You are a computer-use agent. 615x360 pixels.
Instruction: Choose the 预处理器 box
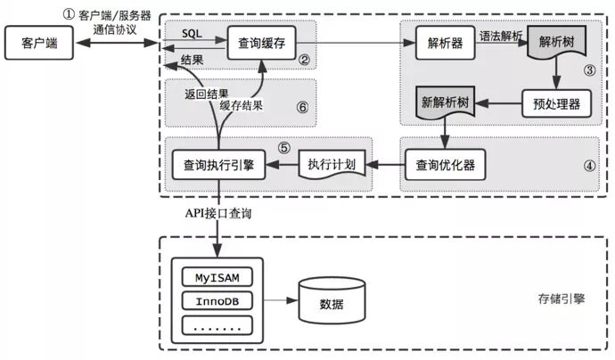(x=550, y=103)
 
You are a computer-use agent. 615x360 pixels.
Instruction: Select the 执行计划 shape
(x=332, y=165)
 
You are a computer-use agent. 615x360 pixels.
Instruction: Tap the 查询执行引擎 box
(x=218, y=165)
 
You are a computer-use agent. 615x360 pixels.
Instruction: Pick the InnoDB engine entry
(x=217, y=300)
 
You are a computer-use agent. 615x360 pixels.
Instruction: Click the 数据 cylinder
(x=331, y=300)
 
